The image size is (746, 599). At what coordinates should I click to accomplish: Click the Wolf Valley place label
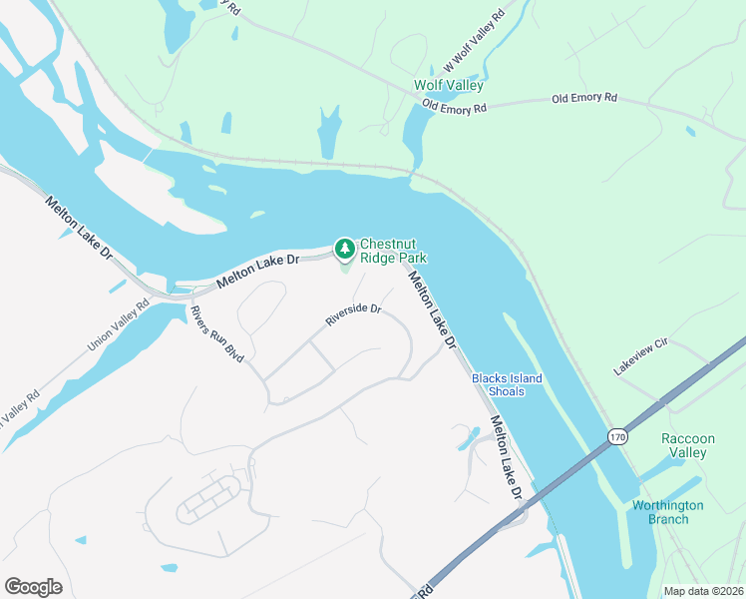pyautogui.click(x=449, y=86)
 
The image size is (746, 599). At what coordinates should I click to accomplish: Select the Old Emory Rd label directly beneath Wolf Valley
pyautogui.click(x=454, y=105)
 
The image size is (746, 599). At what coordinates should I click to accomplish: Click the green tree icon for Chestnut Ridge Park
pyautogui.click(x=344, y=247)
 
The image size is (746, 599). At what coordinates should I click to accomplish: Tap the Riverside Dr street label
pyautogui.click(x=353, y=315)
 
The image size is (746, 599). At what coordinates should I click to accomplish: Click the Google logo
pyautogui.click(x=33, y=586)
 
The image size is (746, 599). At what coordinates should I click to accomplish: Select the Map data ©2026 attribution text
pyautogui.click(x=703, y=590)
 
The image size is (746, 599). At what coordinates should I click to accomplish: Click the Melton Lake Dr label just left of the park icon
pyautogui.click(x=257, y=270)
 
